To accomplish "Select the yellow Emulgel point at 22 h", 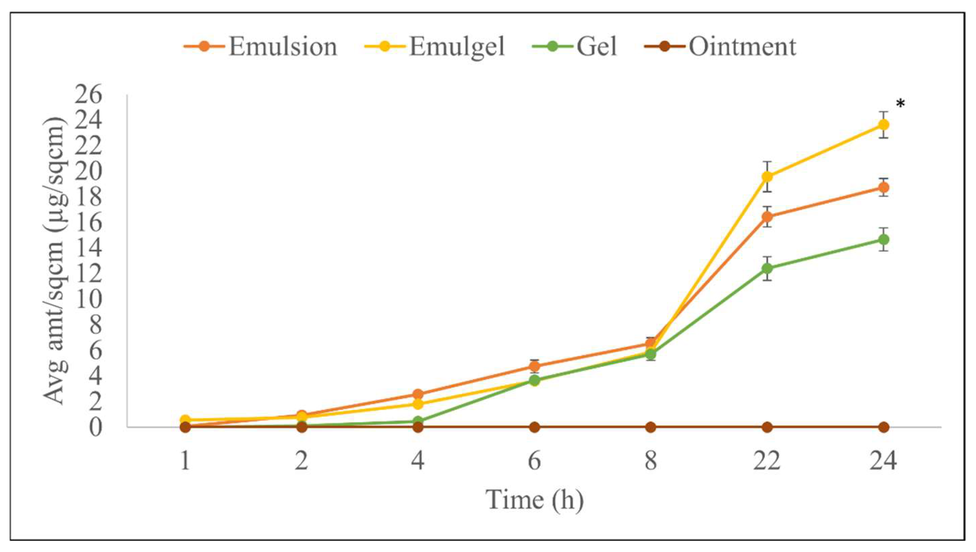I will click(767, 176).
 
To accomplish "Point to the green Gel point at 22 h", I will click(767, 268).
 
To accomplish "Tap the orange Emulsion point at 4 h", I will click(418, 394).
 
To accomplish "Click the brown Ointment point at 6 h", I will click(534, 428).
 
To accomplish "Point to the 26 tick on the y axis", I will click(88, 95).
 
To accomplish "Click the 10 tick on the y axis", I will click(88, 300).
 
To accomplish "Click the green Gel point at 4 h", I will click(418, 421).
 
